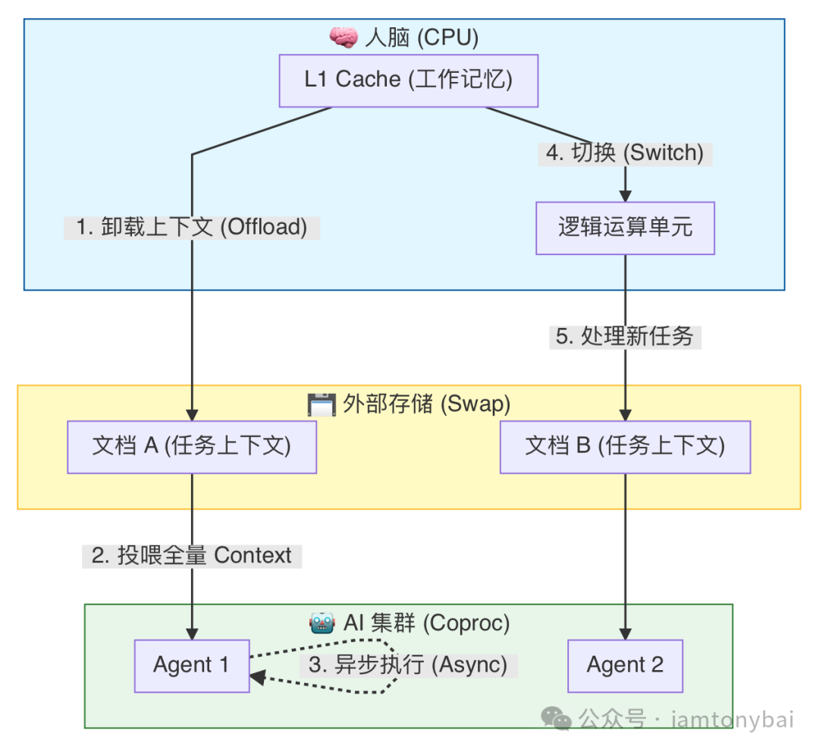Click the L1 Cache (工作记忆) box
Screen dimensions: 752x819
pyautogui.click(x=408, y=80)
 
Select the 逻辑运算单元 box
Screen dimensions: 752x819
pyautogui.click(x=625, y=228)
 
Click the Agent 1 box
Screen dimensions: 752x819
pyautogui.click(x=192, y=665)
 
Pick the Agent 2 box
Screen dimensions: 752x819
pyautogui.click(x=625, y=665)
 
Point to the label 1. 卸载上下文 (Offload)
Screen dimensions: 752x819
pyautogui.click(x=192, y=228)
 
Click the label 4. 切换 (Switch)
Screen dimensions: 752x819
pyautogui.click(x=625, y=153)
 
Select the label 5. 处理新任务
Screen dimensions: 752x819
pyautogui.click(x=625, y=337)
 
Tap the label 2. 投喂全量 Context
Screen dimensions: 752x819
pyautogui.click(x=192, y=555)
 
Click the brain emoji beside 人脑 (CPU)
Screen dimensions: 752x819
pyautogui.click(x=343, y=37)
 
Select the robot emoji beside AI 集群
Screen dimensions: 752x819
pyautogui.click(x=322, y=624)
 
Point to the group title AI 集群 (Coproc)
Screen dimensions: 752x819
pyautogui.click(x=426, y=624)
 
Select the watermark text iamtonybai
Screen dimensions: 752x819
pyautogui.click(x=732, y=719)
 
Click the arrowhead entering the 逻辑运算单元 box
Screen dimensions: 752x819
pyautogui.click(x=625, y=194)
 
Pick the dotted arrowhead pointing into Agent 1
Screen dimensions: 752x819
pyautogui.click(x=257, y=678)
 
